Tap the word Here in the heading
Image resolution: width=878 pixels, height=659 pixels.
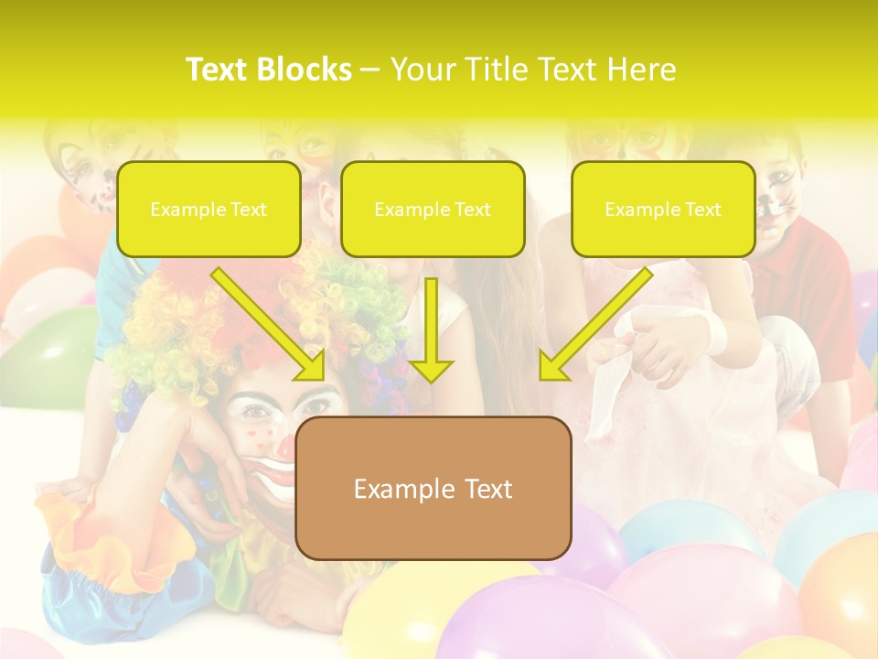click(640, 70)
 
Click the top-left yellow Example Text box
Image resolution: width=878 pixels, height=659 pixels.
click(209, 209)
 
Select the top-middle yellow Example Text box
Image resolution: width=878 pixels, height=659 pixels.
click(433, 209)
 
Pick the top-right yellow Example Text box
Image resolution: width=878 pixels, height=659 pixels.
click(663, 209)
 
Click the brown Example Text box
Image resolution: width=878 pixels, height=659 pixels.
click(433, 488)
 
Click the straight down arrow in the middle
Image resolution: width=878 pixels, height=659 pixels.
click(431, 329)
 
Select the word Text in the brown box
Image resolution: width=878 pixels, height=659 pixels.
click(485, 489)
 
